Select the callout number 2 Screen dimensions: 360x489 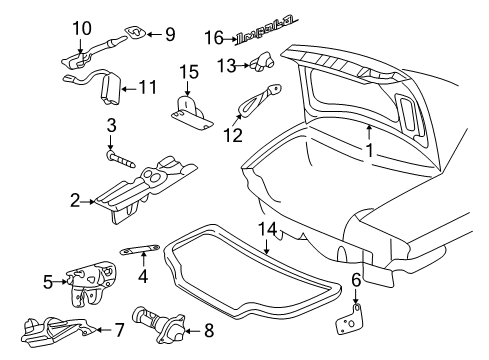click(x=74, y=201)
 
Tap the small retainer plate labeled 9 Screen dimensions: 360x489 click(x=135, y=33)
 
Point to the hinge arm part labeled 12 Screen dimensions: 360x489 click(x=258, y=104)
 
